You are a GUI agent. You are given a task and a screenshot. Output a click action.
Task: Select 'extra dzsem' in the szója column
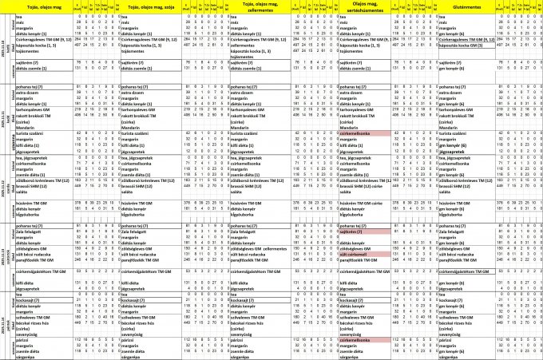coord(136,93)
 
